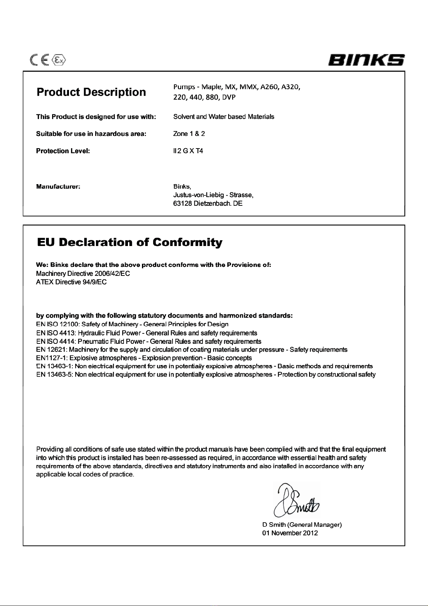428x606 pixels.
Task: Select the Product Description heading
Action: [x=91, y=92]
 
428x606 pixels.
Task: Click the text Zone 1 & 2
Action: [x=189, y=134]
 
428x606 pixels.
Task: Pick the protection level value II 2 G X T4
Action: [x=188, y=151]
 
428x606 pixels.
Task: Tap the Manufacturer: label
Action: [x=58, y=186]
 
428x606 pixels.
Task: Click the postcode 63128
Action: [x=183, y=204]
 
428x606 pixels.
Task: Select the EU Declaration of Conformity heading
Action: [x=129, y=242]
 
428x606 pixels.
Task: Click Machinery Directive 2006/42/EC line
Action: [x=83, y=274]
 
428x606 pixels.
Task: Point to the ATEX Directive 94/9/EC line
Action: [x=71, y=282]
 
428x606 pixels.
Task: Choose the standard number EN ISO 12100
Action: [x=57, y=324]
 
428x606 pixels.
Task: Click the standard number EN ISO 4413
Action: [x=56, y=333]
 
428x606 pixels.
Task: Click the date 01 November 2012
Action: [x=290, y=533]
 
